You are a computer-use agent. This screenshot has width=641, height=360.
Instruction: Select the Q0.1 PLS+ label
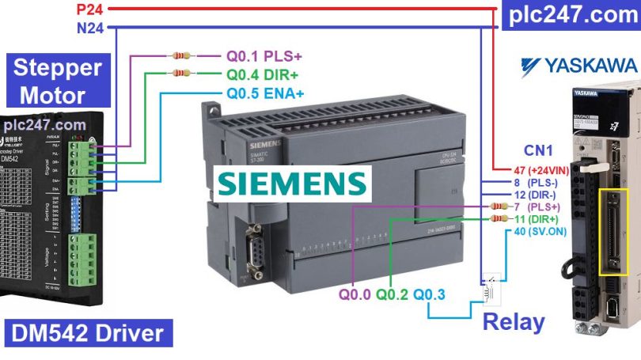pyautogui.click(x=264, y=57)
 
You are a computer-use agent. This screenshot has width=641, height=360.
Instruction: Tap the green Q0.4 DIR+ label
pyautogui.click(x=264, y=75)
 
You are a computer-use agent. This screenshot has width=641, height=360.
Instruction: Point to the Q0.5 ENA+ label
pyautogui.click(x=265, y=93)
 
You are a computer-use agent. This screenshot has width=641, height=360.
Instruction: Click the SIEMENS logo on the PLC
pyautogui.click(x=292, y=182)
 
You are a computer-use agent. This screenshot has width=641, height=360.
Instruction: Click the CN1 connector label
pyautogui.click(x=539, y=149)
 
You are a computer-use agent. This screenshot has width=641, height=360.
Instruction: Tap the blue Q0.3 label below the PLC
pyautogui.click(x=429, y=295)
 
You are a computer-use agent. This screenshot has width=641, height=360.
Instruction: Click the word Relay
pyautogui.click(x=514, y=322)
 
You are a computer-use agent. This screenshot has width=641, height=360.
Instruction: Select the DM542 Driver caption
pyautogui.click(x=87, y=332)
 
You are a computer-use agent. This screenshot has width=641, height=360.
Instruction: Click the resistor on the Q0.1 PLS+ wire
pyautogui.click(x=181, y=56)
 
